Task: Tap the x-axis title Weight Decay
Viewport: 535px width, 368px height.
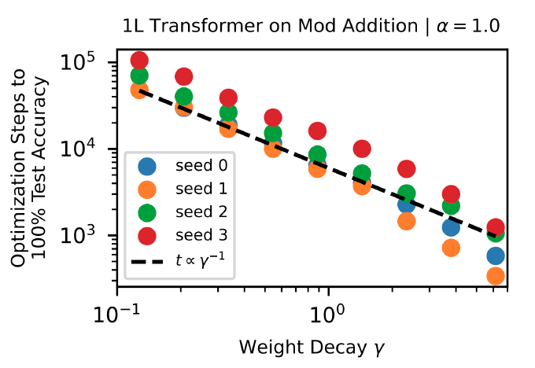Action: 312,345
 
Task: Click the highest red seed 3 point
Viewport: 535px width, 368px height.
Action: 140,61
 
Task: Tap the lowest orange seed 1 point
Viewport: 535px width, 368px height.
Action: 496,276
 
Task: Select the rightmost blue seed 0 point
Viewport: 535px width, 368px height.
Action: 496,256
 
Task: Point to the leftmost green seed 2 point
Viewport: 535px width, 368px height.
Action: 140,76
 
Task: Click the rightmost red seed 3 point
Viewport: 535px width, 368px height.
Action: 496,226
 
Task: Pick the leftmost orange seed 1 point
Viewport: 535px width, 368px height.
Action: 140,90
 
